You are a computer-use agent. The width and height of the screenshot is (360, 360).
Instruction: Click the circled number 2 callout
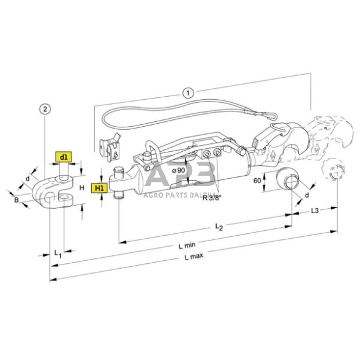tap(43, 109)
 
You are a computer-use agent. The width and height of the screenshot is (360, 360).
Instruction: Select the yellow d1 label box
tap(64, 157)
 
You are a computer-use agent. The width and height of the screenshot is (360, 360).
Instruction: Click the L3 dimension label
tap(313, 211)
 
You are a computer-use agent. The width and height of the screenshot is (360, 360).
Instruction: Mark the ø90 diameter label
tap(179, 170)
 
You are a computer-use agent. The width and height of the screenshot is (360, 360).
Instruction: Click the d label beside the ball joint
tap(306, 195)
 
